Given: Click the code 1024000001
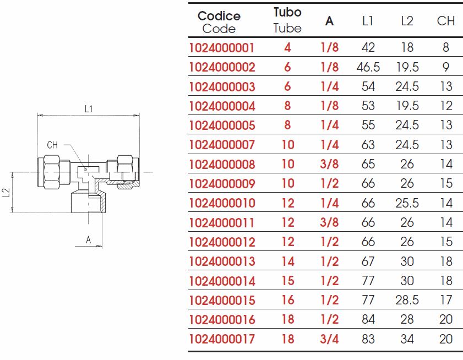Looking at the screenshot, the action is [221, 48].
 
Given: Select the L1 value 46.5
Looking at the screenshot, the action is [368, 67].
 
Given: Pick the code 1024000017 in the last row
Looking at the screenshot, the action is [221, 339].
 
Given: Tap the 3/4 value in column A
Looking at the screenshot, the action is [329, 339].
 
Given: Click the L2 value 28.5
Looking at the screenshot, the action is [407, 300].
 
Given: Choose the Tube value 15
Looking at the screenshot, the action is [288, 281].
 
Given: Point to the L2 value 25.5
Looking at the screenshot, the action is [407, 203].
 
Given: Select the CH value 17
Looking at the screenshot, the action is [446, 300].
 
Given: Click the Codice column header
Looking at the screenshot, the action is [219, 16].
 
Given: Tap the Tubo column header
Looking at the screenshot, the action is [287, 12].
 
